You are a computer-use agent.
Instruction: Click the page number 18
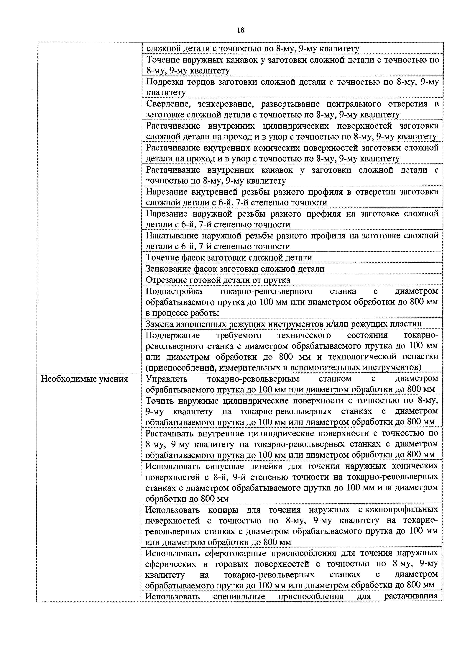point(240,30)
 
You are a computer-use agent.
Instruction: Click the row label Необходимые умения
point(84,379)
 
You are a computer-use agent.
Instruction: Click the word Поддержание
point(173,335)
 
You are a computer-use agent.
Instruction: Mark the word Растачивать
point(170,434)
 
